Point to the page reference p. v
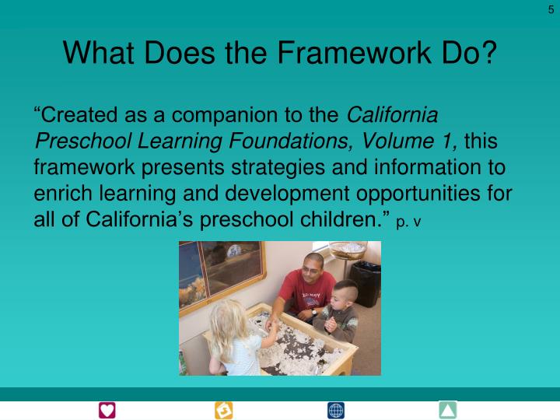coord(408,222)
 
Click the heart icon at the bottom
coord(107,410)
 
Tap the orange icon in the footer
coord(223,410)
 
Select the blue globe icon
coord(336,410)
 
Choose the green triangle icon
coord(447,410)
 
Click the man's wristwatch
coord(314,312)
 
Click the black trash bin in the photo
coord(364,282)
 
